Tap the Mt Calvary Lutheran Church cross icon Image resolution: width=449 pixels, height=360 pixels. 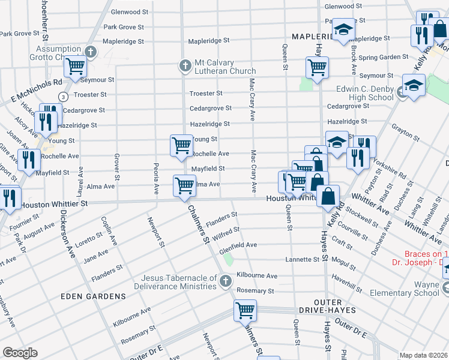coord(185,65)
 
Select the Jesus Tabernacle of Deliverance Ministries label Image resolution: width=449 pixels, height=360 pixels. coord(178,282)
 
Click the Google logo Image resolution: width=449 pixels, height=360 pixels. coord(20,352)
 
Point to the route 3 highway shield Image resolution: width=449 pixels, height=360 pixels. coord(62,97)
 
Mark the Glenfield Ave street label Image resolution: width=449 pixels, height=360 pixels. coord(238,245)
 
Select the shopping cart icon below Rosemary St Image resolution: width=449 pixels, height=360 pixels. coord(245,310)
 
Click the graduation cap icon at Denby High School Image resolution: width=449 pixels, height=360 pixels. coord(414,85)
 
